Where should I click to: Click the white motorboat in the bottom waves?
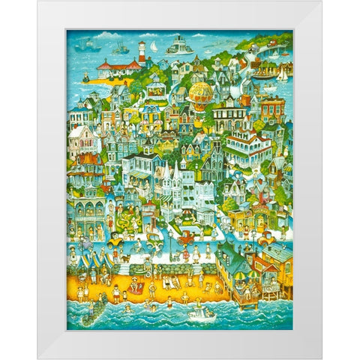[x=200, y=314]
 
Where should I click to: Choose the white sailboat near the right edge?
[x=282, y=75]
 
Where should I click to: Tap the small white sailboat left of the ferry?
[x=154, y=47]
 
